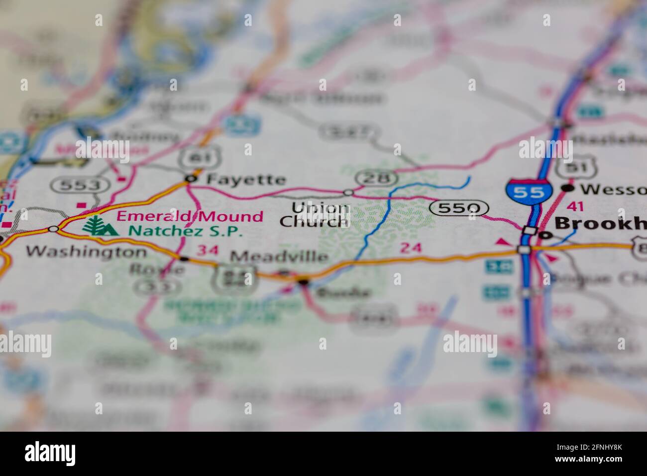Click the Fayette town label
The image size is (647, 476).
[246, 179]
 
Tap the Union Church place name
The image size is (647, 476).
[314, 215]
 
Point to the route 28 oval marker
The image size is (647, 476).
[376, 178]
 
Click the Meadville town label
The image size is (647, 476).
[280, 257]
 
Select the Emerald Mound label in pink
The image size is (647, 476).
[190, 216]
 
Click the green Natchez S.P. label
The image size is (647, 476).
[186, 231]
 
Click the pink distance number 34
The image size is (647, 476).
[208, 250]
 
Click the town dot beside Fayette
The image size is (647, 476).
[190, 178]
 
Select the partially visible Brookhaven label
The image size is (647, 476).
[600, 223]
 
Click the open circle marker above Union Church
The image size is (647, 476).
[348, 192]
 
